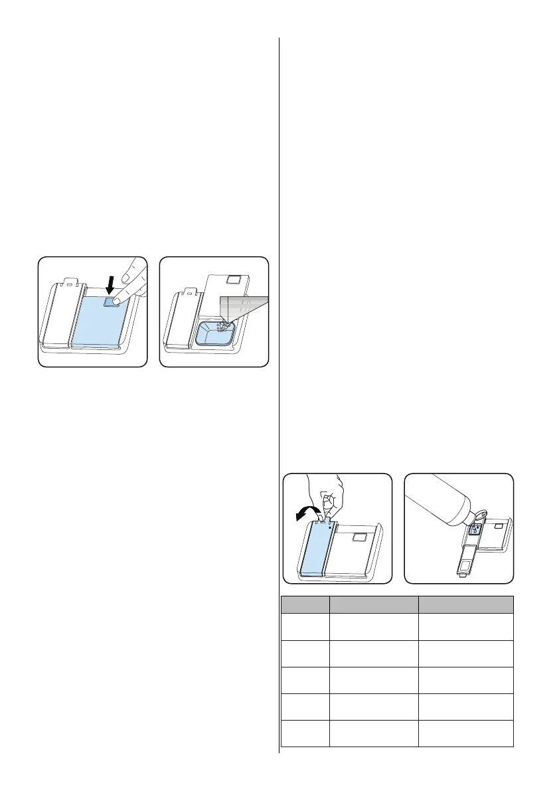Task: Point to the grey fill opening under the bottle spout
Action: coord(474,530)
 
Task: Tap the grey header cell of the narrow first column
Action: coord(305,604)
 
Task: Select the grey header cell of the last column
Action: coord(466,604)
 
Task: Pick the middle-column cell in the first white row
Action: coord(374,626)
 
